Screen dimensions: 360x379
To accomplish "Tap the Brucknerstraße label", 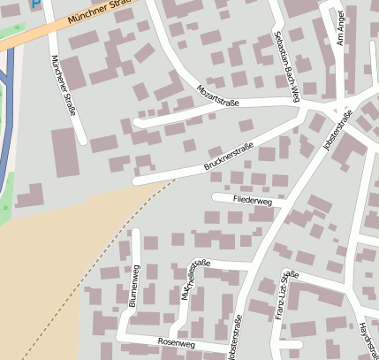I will (x=229, y=156).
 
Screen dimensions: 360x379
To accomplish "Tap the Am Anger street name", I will (x=339, y=27).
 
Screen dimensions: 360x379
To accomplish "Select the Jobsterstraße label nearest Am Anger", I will (x=337, y=130).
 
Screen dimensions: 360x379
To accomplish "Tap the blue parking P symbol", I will (x=35, y=4).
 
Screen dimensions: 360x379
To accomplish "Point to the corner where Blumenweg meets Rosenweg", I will (x=123, y=335).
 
